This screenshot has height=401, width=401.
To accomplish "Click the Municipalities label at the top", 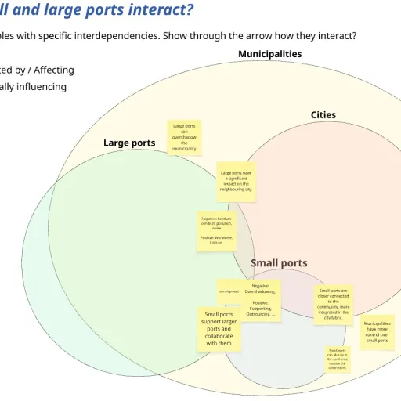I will (x=269, y=54).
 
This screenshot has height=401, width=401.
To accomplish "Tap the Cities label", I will (x=323, y=114).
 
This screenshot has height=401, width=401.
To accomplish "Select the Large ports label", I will (x=129, y=143).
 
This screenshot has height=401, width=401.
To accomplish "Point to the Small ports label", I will (x=279, y=263).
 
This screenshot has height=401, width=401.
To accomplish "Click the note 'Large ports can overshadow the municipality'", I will (x=184, y=137).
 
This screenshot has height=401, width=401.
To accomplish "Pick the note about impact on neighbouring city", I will (x=236, y=182).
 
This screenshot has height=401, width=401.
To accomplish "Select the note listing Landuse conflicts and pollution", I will (x=215, y=231).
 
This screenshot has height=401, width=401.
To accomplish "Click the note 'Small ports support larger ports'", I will (x=219, y=329).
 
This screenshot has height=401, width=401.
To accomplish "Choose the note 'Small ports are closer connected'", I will (x=334, y=304).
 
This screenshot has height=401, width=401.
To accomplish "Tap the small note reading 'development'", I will (x=229, y=291).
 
